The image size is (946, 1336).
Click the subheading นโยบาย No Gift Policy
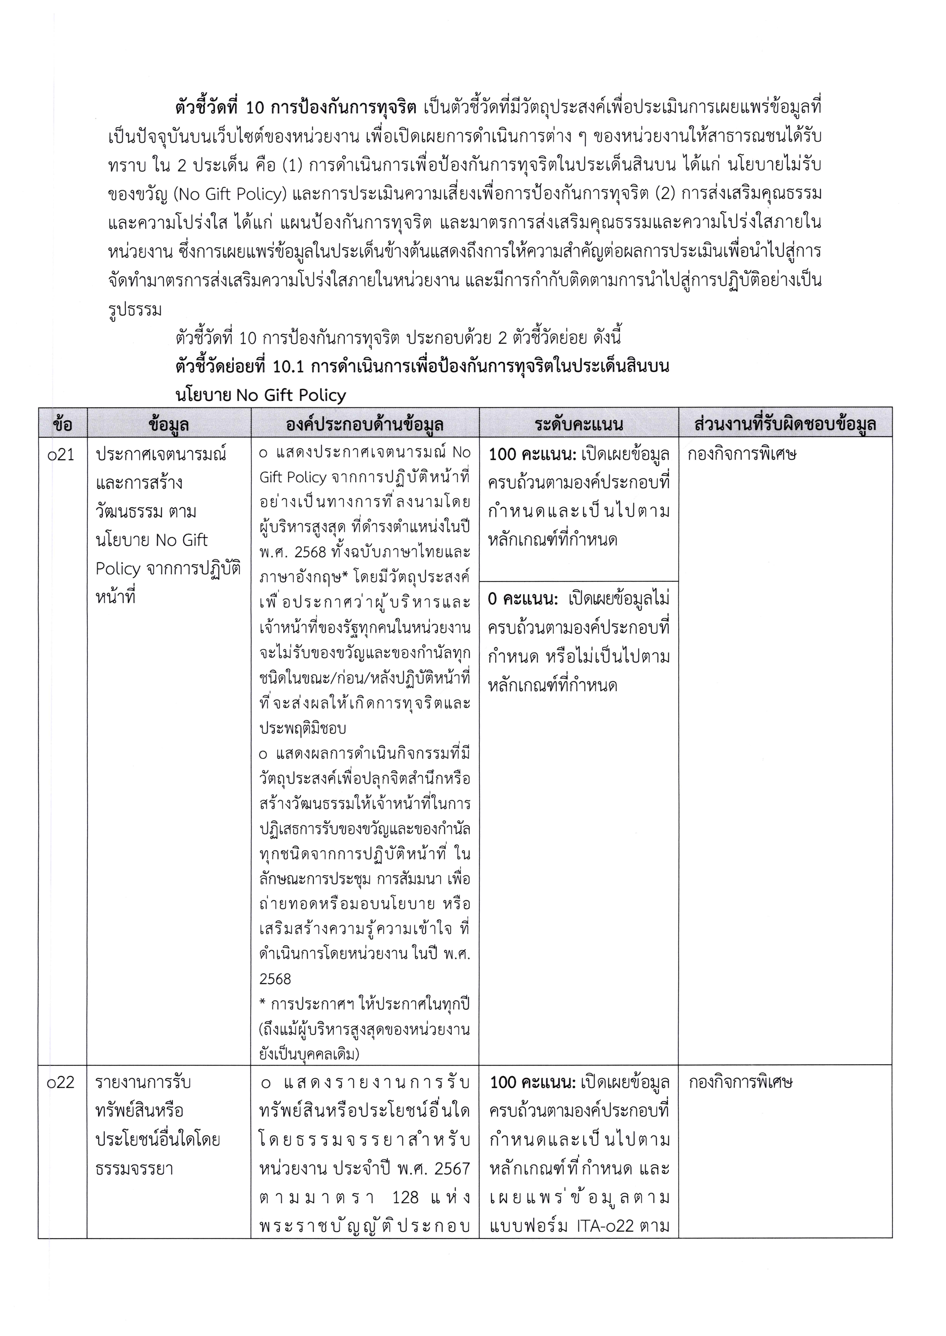click(260, 395)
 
